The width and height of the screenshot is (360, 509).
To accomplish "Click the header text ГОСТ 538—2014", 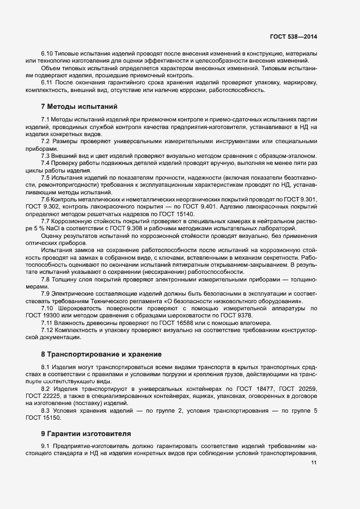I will click(x=293, y=36).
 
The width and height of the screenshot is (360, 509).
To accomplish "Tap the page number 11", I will click(x=314, y=463).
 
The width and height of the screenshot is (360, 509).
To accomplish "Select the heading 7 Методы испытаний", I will click(x=79, y=106).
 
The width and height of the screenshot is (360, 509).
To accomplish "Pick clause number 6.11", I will click(x=47, y=82).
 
